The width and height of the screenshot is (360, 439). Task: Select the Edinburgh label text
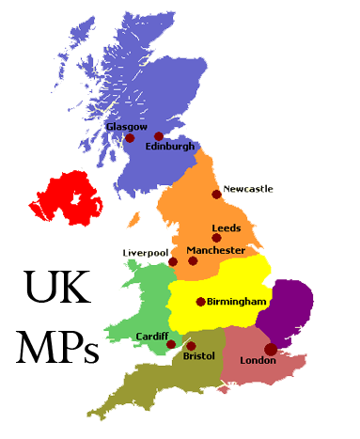click(170, 147)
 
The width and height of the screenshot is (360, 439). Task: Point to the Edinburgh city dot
click(159, 136)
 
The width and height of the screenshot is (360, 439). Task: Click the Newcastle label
click(248, 189)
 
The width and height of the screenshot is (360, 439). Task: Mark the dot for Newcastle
click(217, 195)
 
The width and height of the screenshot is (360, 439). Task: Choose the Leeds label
click(227, 227)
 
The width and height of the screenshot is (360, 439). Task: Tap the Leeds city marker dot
click(217, 238)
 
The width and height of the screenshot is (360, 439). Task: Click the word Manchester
click(216, 250)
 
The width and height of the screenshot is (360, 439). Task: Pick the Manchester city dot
click(193, 260)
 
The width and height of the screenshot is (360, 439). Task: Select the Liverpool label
click(146, 253)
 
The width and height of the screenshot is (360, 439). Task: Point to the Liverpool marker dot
click(172, 262)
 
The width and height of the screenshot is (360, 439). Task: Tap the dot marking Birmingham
click(200, 302)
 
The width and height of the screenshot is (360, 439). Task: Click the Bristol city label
click(199, 357)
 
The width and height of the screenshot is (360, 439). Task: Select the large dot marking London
click(271, 349)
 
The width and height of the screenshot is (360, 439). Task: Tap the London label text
click(258, 360)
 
